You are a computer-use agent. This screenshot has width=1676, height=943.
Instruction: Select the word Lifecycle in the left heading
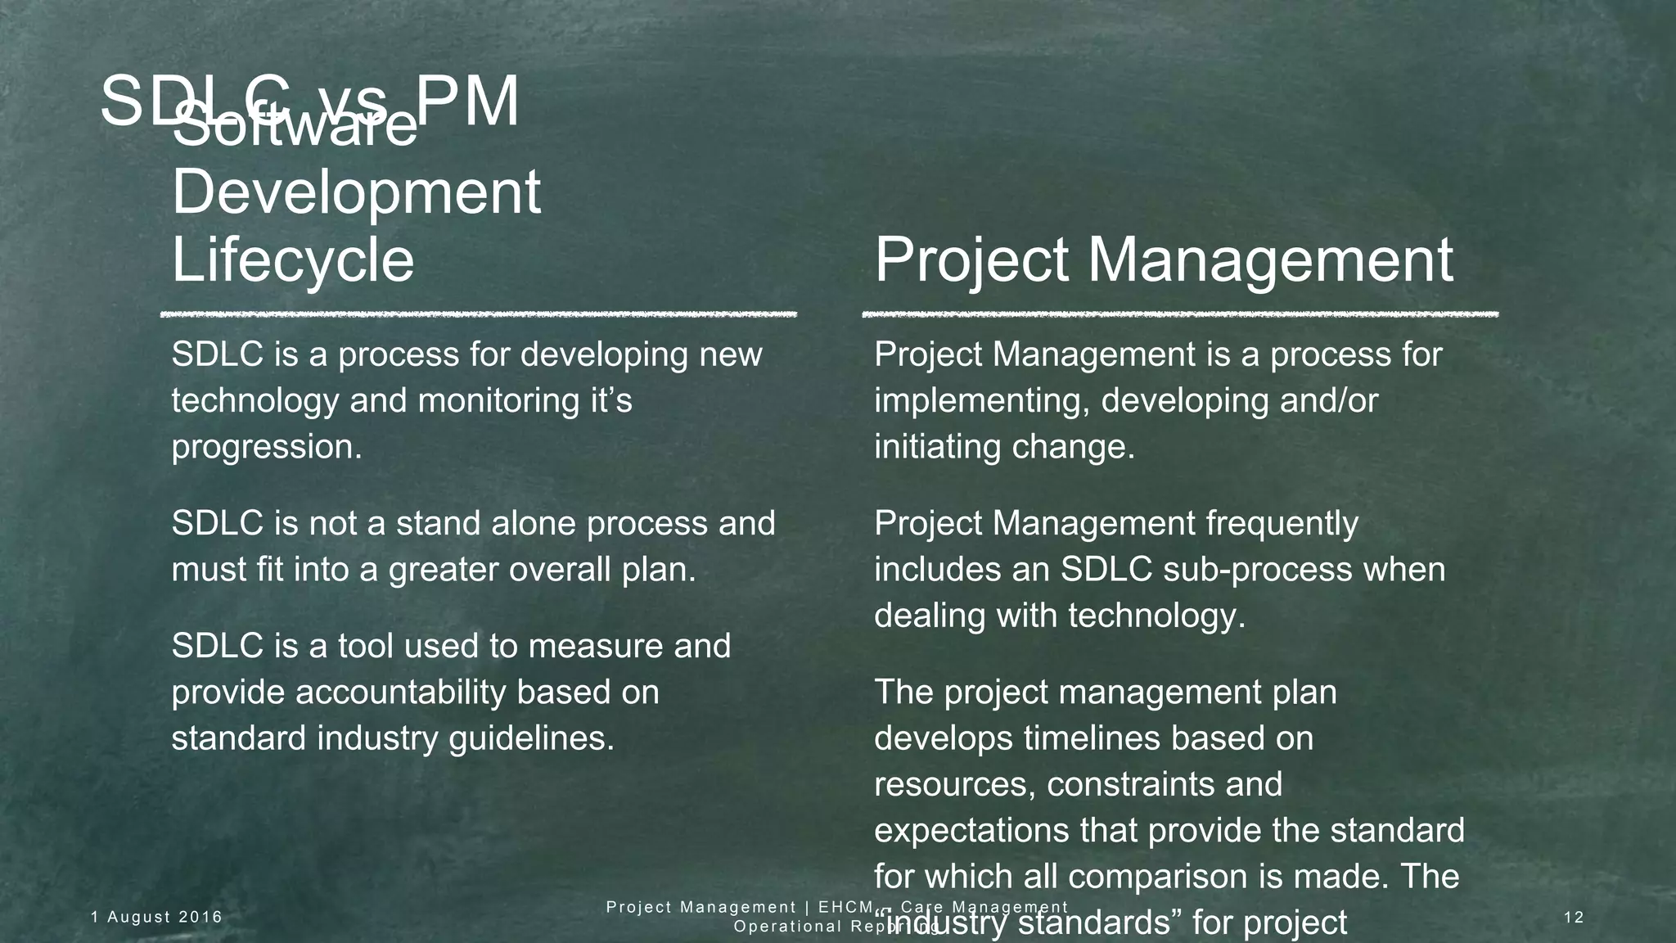pos(293,260)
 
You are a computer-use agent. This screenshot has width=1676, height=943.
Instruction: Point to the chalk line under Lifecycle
pos(479,314)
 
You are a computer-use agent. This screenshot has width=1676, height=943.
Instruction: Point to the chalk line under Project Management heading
pos(1180,314)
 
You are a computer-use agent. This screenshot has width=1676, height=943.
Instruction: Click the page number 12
pos(1574,917)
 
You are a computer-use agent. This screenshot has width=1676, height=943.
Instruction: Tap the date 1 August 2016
pos(156,917)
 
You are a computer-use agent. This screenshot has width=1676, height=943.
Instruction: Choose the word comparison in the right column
pos(1158,877)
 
